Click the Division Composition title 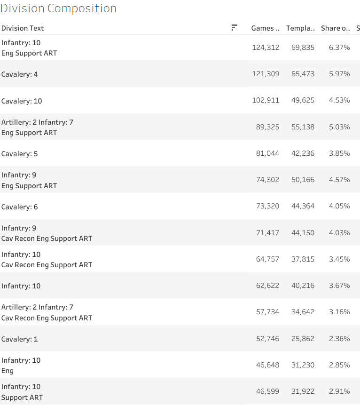(58, 8)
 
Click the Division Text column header (23, 28)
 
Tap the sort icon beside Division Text (234, 28)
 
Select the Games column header (265, 28)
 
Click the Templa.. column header (300, 28)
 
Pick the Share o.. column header (336, 28)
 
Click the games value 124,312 (266, 48)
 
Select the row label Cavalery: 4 (20, 74)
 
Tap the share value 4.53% (339, 100)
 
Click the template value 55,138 (303, 127)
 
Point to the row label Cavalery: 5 (20, 154)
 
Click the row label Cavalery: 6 (20, 207)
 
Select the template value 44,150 (303, 233)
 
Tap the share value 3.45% (339, 259)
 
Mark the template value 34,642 (303, 312)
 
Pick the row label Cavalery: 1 (20, 339)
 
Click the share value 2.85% (339, 365)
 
